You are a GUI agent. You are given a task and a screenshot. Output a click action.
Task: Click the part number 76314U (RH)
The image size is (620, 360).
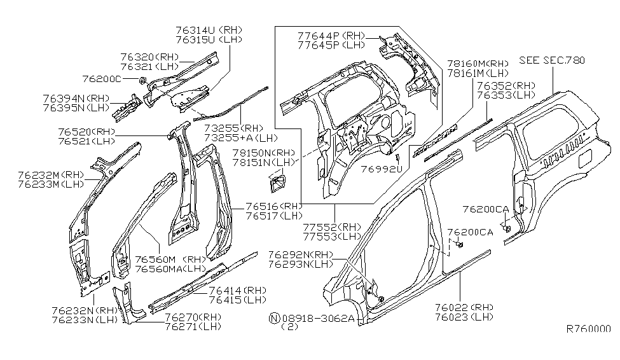[x=209, y=30]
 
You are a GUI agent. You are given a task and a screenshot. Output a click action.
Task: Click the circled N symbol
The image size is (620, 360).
[x=273, y=317]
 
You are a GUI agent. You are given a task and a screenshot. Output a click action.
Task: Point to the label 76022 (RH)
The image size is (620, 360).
[x=465, y=307]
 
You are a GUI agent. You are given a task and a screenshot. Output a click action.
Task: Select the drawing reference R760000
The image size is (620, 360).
[x=588, y=329]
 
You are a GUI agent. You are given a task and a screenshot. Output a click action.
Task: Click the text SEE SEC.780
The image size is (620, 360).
[x=551, y=60]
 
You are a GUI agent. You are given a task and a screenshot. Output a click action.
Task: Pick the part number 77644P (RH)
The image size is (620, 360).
[x=331, y=36]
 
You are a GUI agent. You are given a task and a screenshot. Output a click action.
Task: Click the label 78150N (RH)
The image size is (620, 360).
[x=264, y=153]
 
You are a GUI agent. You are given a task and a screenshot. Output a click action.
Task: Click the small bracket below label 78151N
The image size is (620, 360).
[x=277, y=184]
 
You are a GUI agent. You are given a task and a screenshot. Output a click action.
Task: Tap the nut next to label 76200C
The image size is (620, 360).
[x=143, y=80]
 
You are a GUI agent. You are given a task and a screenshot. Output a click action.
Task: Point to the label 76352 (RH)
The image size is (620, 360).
[x=506, y=85]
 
